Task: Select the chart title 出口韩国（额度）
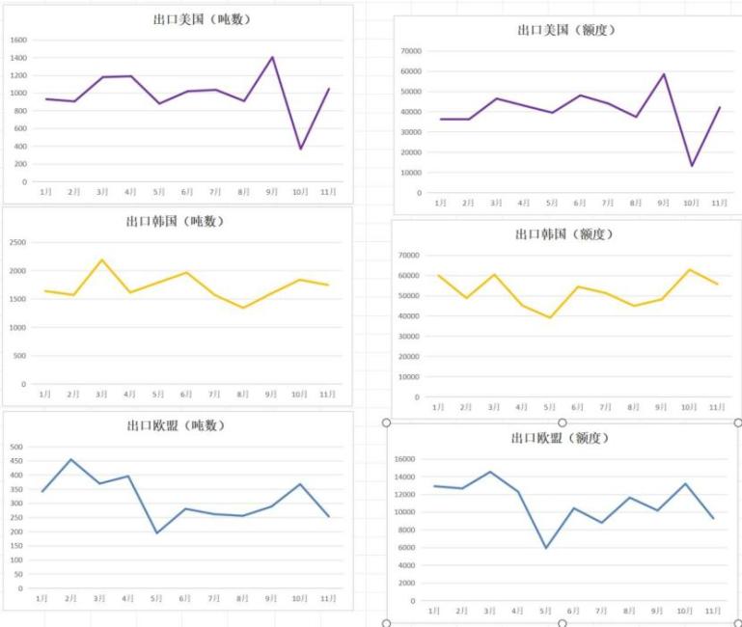click(564, 233)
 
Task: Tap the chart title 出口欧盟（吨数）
click(176, 424)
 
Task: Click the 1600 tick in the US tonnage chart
click(19, 41)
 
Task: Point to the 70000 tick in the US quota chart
click(411, 50)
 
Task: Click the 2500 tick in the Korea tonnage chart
click(18, 242)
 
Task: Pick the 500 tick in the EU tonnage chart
click(15, 448)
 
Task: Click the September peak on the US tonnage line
click(272, 57)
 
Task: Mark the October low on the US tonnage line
click(300, 149)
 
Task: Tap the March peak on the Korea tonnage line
click(101, 259)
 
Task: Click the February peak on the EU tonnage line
click(71, 459)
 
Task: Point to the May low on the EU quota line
click(546, 548)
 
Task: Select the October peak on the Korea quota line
click(689, 269)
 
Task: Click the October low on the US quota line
click(692, 166)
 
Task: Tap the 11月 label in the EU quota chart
click(713, 611)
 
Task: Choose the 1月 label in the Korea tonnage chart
click(44, 394)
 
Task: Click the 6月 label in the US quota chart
click(580, 204)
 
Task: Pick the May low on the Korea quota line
click(550, 317)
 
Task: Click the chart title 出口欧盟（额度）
click(560, 438)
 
